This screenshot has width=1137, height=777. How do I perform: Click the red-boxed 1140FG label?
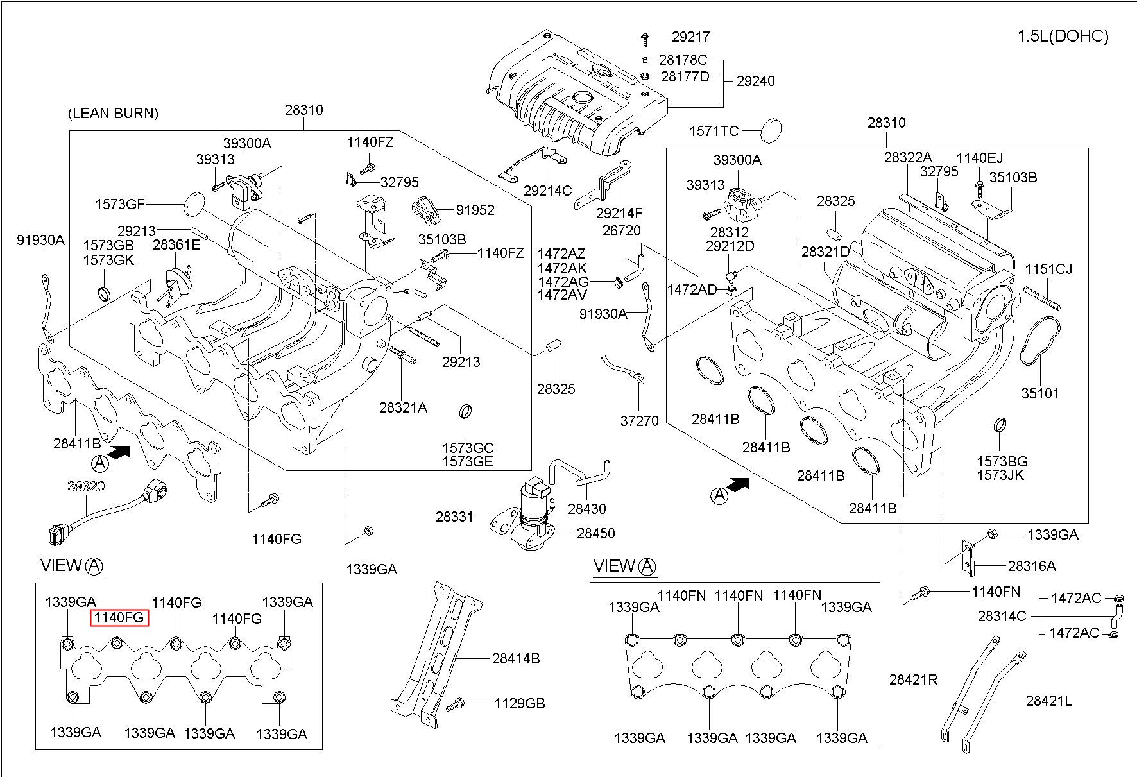(119, 618)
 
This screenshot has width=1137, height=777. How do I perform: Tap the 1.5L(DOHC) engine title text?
(1063, 37)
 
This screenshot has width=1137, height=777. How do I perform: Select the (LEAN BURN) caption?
(113, 114)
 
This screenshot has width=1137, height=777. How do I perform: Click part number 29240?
(755, 81)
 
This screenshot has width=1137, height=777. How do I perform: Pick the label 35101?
(1040, 393)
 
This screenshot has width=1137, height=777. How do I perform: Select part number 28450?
(595, 533)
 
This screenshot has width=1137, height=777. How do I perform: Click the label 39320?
(86, 486)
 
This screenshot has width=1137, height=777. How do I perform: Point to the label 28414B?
(516, 658)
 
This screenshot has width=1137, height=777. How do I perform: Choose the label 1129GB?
(519, 704)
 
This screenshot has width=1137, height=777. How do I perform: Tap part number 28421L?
(1048, 701)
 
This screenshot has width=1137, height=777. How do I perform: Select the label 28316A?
(1032, 566)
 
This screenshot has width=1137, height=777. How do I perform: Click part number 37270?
(639, 421)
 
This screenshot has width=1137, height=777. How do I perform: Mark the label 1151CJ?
(1048, 269)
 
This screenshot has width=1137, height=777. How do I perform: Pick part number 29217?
(691, 37)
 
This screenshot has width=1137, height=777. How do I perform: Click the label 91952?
(475, 210)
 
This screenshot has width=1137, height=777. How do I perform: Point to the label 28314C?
(1002, 616)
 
